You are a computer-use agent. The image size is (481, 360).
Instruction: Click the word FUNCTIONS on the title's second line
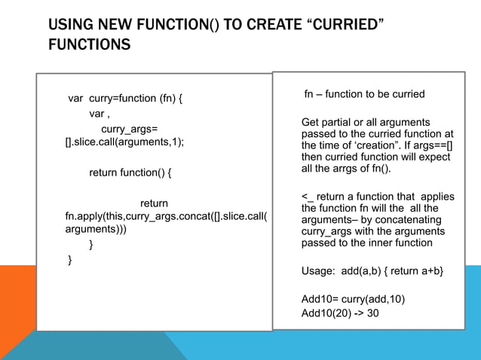pyautogui.click(x=89, y=46)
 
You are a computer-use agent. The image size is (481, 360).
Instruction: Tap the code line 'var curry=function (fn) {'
pyautogui.click(x=125, y=98)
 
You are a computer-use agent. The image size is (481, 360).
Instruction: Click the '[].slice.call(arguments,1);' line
pyautogui.click(x=125, y=142)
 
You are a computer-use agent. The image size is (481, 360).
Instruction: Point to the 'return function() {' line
pyautogui.click(x=130, y=172)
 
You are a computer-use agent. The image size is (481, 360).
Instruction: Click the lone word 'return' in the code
pyautogui.click(x=154, y=203)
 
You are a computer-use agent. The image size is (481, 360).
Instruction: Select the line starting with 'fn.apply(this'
pyautogui.click(x=167, y=216)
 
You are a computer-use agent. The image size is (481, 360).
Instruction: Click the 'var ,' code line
pyautogui.click(x=100, y=114)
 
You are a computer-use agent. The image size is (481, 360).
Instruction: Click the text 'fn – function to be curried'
pyautogui.click(x=364, y=95)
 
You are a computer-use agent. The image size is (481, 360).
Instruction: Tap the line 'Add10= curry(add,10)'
pyautogui.click(x=353, y=299)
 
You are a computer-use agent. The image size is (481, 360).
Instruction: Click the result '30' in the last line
pyautogui.click(x=372, y=313)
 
